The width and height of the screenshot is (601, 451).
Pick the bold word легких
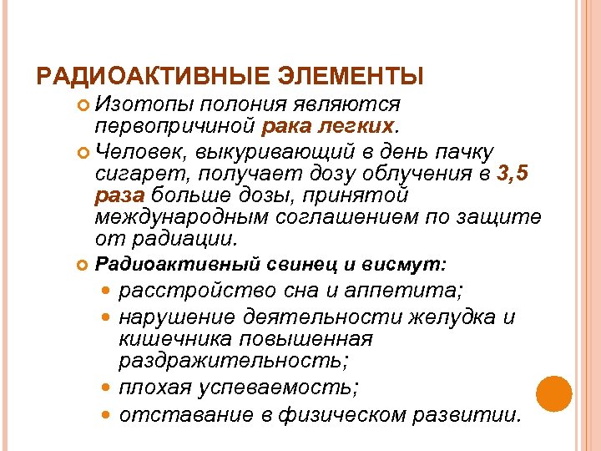click(362, 126)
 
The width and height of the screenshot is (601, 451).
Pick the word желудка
click(449, 317)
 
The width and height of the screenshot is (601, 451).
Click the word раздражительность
click(234, 361)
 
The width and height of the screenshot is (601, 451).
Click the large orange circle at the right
click(553, 393)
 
